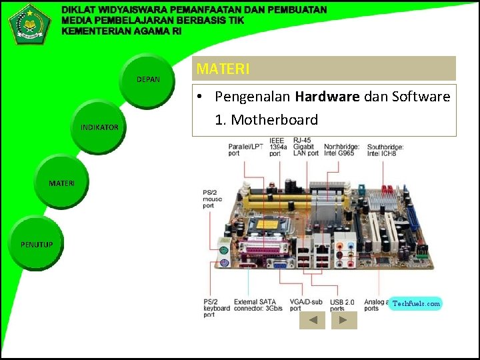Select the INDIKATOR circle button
(99, 127)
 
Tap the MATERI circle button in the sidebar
(62, 183)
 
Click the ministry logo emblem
(29, 23)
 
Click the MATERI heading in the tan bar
(223, 69)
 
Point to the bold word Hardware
(327, 97)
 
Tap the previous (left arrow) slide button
(311, 321)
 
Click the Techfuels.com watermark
(416, 303)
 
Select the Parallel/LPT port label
(245, 149)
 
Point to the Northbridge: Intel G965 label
(343, 149)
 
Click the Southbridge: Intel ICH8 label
(385, 149)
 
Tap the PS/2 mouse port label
(213, 199)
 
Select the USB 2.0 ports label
(343, 305)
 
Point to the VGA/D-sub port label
(306, 305)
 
